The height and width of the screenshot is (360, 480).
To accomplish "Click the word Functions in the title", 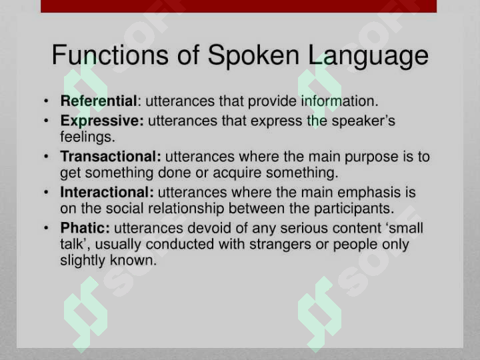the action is coord(110,55).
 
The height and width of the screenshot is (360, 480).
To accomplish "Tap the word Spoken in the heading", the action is coord(253,57).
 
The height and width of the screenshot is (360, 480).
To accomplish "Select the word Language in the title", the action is coord(369,57).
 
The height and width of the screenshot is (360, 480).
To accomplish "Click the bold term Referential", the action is coord(98,101).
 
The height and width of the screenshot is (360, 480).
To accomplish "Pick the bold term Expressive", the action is coord(102,121).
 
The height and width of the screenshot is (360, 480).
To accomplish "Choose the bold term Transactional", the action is coord(111,157).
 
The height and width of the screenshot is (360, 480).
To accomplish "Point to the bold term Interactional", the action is coord(107,192).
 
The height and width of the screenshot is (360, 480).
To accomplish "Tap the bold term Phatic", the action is coord(85,228).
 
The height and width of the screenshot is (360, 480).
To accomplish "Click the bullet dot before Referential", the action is coord(46,101).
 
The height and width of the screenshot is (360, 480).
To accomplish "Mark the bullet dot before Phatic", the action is coord(46,228).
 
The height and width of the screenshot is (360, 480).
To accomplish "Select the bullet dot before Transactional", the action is coord(46,157).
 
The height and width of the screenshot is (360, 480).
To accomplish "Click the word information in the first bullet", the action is coord(340,101).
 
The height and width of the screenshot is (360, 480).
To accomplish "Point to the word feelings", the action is coord(87,137).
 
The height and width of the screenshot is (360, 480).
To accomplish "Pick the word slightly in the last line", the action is coord(83,261).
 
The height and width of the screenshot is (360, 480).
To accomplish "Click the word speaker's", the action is coord(363,121).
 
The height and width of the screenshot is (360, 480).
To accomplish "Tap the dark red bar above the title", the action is coord(239,6).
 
